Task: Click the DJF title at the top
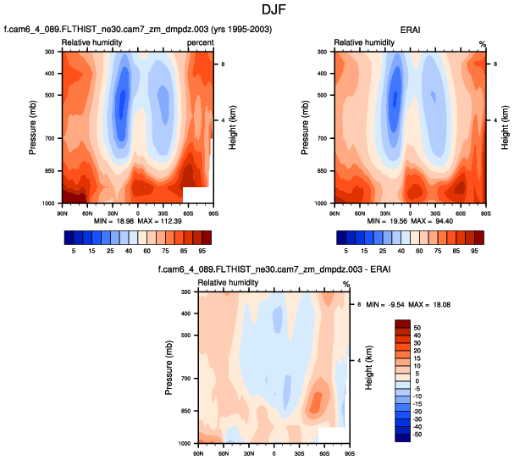click(257, 12)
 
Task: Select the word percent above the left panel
click(200, 42)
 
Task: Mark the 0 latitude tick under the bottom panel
click(274, 451)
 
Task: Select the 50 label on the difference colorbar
click(417, 325)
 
